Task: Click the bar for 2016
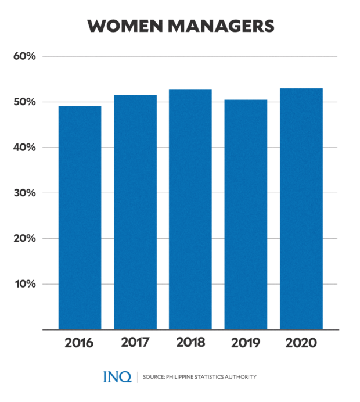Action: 80,218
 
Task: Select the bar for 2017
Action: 135,212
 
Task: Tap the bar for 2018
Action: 190,210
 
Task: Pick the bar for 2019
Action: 246,215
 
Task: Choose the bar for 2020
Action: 301,209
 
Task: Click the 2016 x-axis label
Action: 80,343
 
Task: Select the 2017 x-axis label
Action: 135,343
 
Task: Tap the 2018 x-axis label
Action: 190,343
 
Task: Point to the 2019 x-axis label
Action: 246,343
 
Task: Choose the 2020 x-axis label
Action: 301,343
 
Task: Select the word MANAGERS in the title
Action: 221,26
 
